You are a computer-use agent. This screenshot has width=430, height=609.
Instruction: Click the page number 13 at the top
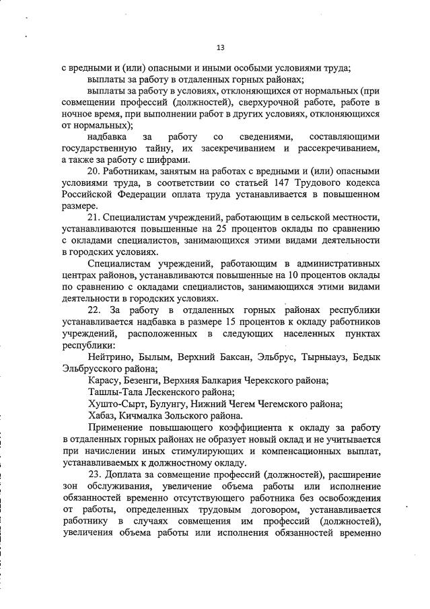(220, 47)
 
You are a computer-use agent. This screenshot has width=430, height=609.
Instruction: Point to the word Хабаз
(102, 416)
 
